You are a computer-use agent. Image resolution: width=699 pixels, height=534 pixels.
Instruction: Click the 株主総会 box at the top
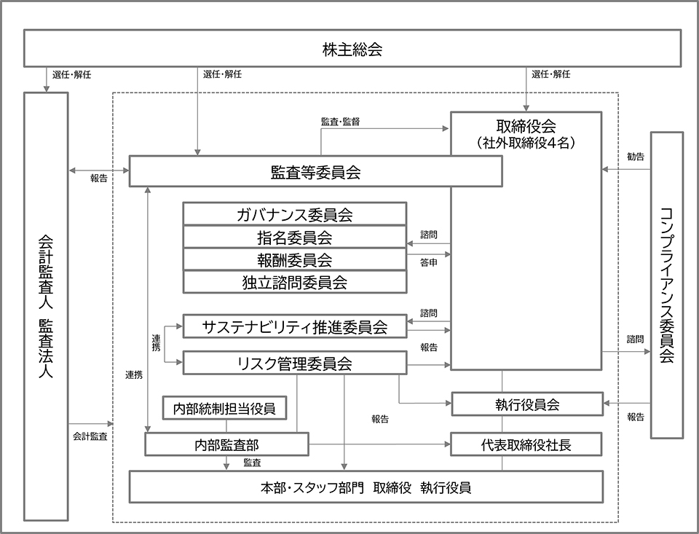tap(352, 50)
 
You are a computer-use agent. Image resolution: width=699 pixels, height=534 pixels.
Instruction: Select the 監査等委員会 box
tap(315, 173)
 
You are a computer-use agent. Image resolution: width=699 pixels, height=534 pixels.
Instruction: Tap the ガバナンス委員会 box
tap(294, 214)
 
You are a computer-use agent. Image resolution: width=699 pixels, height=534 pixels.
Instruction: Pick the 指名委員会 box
tap(294, 237)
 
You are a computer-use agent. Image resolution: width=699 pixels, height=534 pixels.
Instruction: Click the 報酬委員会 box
tap(294, 259)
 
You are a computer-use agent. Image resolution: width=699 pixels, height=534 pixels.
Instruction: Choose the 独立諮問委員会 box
tap(294, 282)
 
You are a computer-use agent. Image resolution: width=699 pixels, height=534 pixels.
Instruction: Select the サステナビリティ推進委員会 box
tap(294, 326)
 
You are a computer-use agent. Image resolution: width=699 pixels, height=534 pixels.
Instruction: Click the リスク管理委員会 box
tap(294, 364)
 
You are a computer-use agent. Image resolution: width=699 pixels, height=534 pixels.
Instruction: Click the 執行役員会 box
tap(526, 404)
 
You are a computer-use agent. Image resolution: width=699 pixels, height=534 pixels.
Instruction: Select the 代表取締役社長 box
tap(526, 444)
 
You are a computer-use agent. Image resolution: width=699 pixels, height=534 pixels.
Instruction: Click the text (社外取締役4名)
tap(525, 143)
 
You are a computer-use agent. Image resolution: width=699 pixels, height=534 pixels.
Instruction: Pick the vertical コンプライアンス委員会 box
tap(666, 285)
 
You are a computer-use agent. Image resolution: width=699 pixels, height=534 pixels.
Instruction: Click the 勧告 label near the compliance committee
tap(635, 157)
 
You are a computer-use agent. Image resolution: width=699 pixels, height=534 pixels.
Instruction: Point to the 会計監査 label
tap(90, 436)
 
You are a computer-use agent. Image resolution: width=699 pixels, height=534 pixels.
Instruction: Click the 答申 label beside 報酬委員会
tap(429, 262)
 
